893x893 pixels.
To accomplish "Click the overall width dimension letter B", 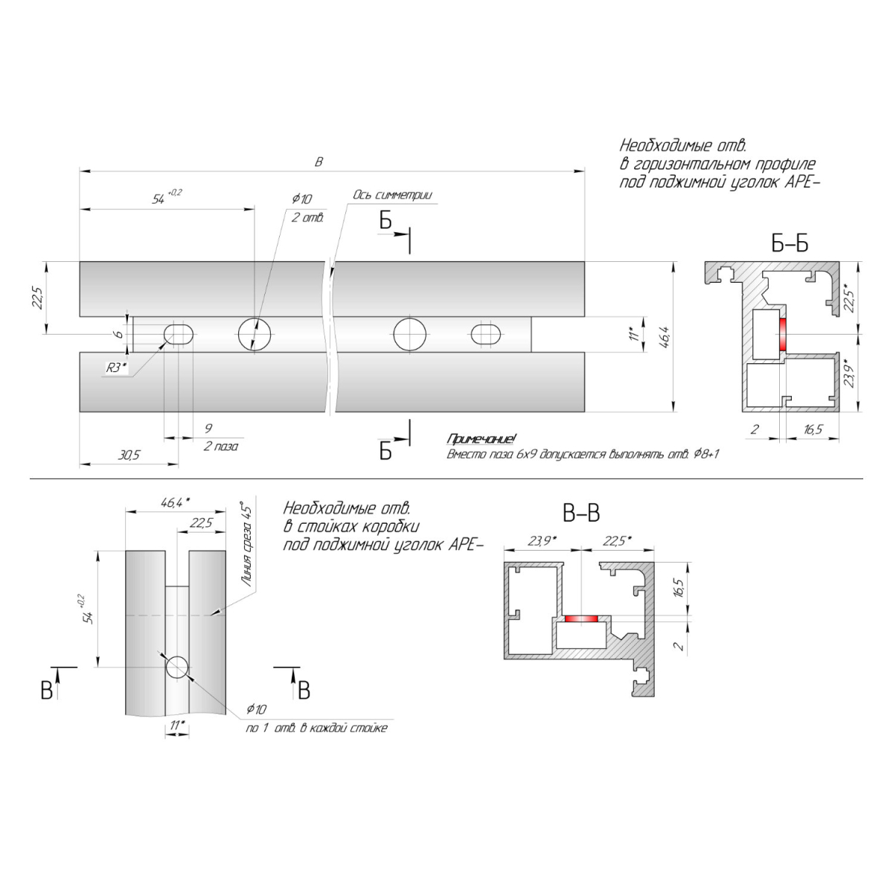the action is pos(319,161).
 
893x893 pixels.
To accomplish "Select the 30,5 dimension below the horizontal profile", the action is pos(129,455).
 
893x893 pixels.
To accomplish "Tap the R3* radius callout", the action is pos(116,368).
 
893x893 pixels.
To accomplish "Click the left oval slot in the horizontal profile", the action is pos(179,334).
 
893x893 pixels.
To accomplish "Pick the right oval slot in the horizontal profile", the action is pos(486,334).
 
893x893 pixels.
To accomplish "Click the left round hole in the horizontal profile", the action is pos(255,334).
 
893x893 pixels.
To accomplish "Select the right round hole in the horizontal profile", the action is pos(409,334).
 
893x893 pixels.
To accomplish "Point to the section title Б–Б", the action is pos(790,244).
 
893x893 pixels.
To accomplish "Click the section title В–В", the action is pos(581,513).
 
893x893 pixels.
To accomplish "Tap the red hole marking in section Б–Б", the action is pos(783,334).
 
